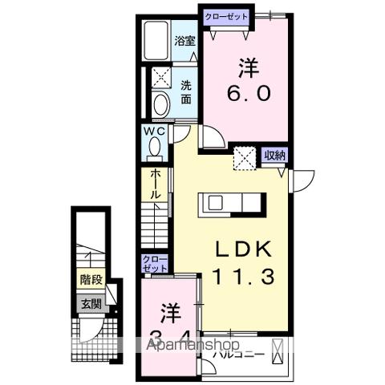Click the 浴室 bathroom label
click(184, 40)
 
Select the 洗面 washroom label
click(185, 92)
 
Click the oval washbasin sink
click(159, 106)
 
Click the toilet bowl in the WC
click(155, 148)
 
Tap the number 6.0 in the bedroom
click(246, 93)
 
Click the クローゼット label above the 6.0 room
click(225, 16)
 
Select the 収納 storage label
click(275, 156)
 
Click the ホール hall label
click(155, 184)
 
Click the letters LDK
click(244, 248)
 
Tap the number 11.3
click(244, 277)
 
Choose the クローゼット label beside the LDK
click(155, 264)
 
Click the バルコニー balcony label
click(238, 352)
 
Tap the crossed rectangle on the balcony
click(278, 351)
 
